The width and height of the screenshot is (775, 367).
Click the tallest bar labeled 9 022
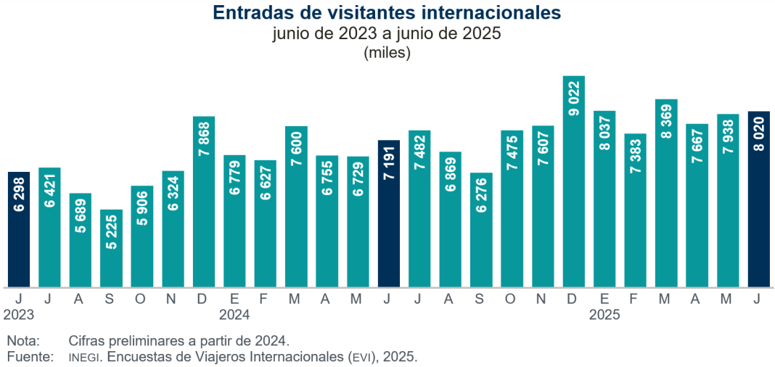(574, 181)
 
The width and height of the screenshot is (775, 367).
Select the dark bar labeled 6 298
(19, 229)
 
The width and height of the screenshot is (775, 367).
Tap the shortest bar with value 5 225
(111, 248)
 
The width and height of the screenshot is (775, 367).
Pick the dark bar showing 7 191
(389, 213)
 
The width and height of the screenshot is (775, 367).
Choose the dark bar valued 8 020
(759, 199)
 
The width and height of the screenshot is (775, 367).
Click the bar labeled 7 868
(204, 202)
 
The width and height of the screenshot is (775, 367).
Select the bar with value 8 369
(666, 193)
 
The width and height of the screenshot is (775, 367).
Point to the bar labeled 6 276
(481, 229)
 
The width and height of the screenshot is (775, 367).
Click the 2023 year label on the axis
(19, 316)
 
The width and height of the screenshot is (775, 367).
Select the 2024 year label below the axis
(234, 316)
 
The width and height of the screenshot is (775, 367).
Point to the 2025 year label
(604, 316)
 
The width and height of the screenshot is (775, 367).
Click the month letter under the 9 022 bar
(574, 297)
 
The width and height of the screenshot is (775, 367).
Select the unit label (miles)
(387, 52)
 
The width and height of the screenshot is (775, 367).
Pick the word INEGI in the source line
(84, 358)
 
